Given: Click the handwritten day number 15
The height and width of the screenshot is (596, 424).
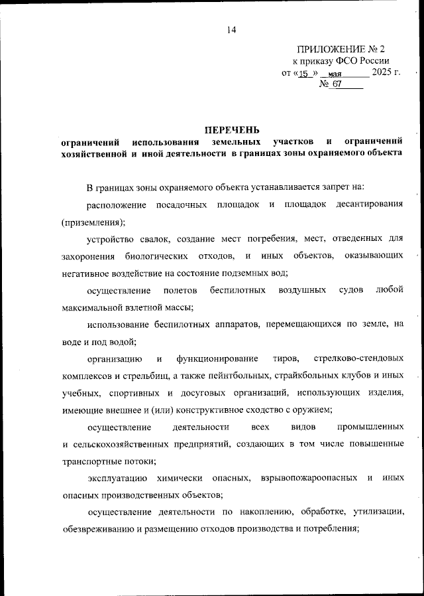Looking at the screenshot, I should click(304, 74).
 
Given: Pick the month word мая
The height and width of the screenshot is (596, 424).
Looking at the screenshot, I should click(344, 74).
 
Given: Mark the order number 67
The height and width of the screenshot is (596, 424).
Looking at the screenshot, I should click(337, 85).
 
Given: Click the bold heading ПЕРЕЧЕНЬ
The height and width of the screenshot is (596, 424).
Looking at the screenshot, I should click(232, 129).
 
